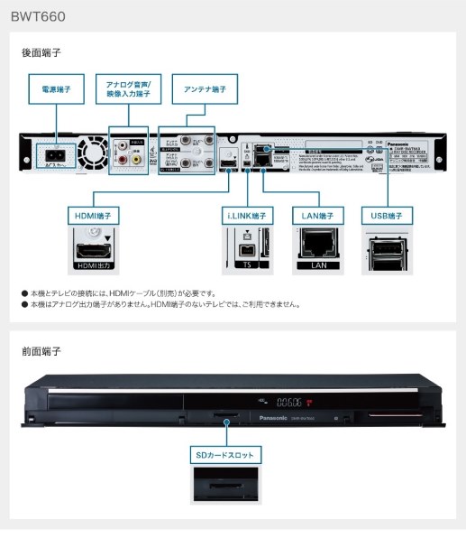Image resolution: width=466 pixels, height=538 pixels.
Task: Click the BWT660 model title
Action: pyautogui.click(x=38, y=16)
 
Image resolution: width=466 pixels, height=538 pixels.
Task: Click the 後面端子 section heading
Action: pyautogui.click(x=41, y=53)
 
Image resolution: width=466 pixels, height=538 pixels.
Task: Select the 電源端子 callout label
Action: pyautogui.click(x=56, y=89)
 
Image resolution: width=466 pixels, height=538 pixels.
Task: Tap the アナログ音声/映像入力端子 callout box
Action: pyautogui.click(x=128, y=89)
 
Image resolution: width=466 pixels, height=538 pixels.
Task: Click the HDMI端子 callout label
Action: pyautogui.click(x=95, y=216)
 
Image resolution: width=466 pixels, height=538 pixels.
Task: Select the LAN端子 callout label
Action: pyautogui.click(x=318, y=216)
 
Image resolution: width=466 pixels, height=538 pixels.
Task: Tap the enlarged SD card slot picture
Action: pyautogui.click(x=225, y=484)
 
